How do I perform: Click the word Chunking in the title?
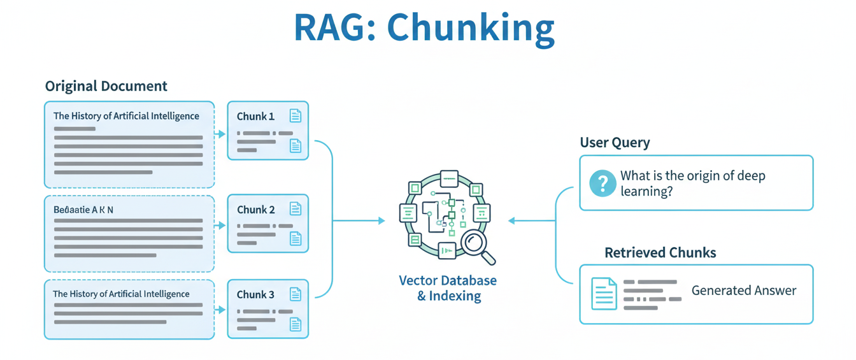tap(471, 29)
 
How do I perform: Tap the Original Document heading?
tap(106, 86)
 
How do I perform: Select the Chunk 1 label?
tap(255, 116)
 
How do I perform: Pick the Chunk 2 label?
tap(255, 210)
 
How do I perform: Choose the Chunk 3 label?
tap(255, 294)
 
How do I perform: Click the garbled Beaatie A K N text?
tap(83, 209)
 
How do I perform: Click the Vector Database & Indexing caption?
tap(448, 288)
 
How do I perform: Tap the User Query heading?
tap(615, 142)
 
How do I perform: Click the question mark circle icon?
tap(603, 183)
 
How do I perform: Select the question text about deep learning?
tap(692, 183)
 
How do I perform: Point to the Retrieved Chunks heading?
tap(660, 253)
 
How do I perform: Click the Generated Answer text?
tap(744, 291)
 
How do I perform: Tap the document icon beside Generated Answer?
tap(604, 293)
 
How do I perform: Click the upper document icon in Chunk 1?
tap(296, 115)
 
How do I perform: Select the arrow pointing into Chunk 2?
tap(221, 226)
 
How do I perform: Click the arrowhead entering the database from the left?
tap(381, 220)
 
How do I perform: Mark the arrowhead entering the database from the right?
tap(512, 220)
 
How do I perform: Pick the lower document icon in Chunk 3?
tap(296, 324)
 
